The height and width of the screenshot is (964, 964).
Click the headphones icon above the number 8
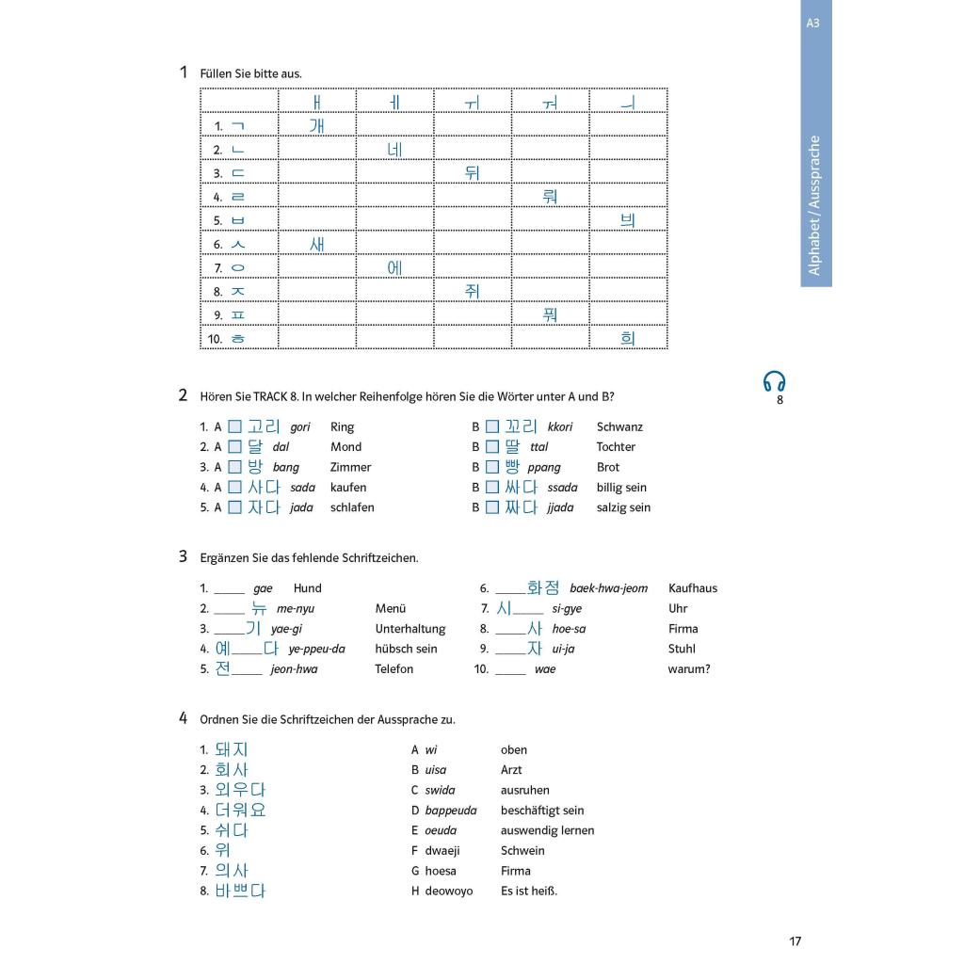pyautogui.click(x=774, y=381)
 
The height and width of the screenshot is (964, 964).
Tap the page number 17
pyautogui.click(x=795, y=940)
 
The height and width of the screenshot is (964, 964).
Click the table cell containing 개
pyautogui.click(x=317, y=125)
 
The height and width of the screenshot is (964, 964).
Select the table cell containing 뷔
pyautogui.click(x=628, y=219)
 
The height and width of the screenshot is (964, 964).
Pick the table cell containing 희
pyautogui.click(x=628, y=337)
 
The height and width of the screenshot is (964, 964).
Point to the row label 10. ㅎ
pyautogui.click(x=227, y=338)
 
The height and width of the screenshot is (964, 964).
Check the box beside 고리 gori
pyautogui.click(x=235, y=427)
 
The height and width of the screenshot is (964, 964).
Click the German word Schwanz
pyautogui.click(x=619, y=427)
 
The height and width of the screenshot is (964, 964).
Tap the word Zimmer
pyautogui.click(x=350, y=468)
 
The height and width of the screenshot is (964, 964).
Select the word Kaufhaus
pyautogui.click(x=692, y=588)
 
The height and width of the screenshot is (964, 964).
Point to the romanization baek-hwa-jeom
pyautogui.click(x=608, y=588)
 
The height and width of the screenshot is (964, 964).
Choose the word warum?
pyautogui.click(x=689, y=669)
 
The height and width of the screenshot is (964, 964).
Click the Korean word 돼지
pyautogui.click(x=231, y=749)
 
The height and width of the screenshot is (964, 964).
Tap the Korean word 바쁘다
pyautogui.click(x=239, y=891)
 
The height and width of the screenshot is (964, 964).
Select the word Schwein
pyautogui.click(x=522, y=851)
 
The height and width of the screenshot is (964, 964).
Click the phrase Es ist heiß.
pyautogui.click(x=529, y=891)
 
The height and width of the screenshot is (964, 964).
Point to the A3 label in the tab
pyautogui.click(x=813, y=23)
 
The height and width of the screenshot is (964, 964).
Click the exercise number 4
pyautogui.click(x=184, y=718)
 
